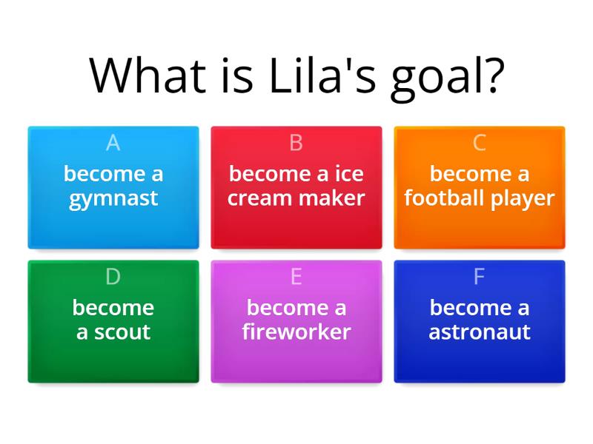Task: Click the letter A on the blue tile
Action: point(113,143)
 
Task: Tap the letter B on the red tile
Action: point(296,143)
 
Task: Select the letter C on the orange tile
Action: point(480,143)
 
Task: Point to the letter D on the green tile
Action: point(113,277)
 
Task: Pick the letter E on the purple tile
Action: point(296,277)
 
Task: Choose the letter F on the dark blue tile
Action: point(480,277)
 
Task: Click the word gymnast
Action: point(113,199)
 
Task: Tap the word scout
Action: point(123,332)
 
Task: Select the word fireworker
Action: point(296,332)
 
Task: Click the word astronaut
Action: point(480,332)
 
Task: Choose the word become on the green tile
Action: point(113,307)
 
